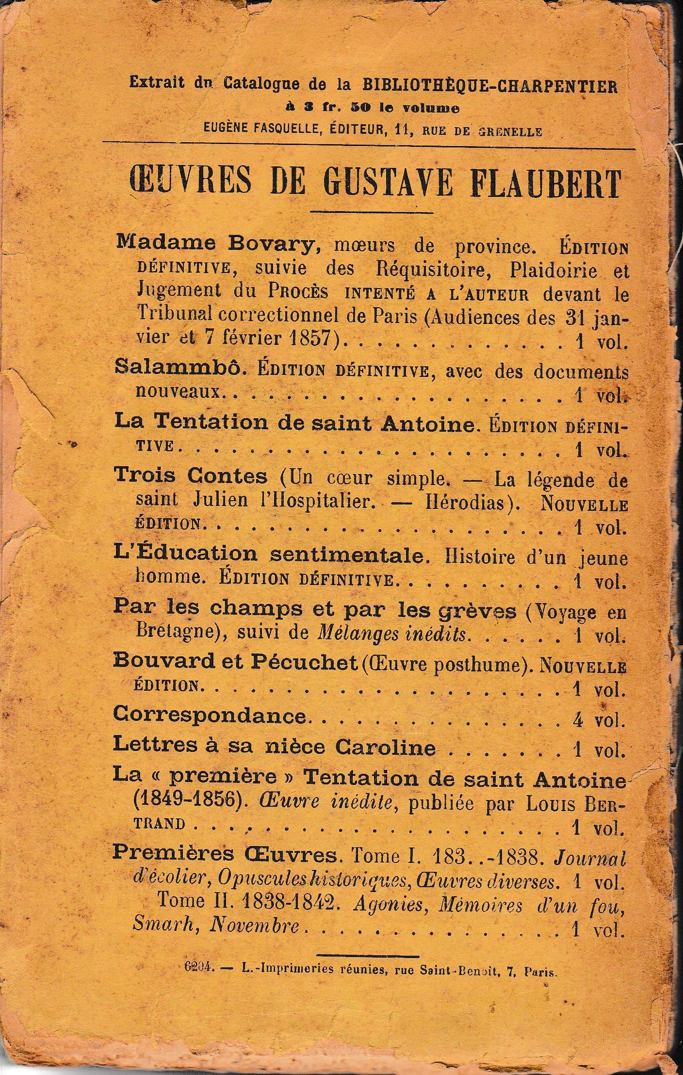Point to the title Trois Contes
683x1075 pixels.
191,476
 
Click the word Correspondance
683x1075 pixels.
210,717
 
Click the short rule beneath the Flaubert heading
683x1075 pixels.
371,212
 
